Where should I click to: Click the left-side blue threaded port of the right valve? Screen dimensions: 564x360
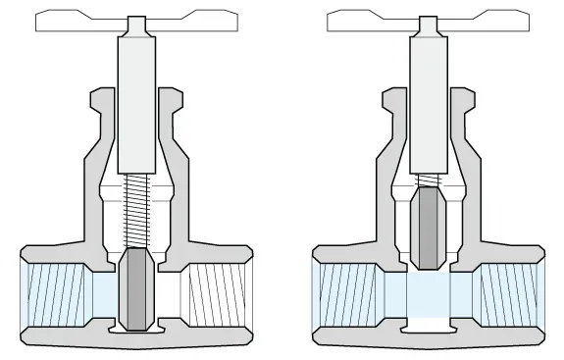344,290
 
